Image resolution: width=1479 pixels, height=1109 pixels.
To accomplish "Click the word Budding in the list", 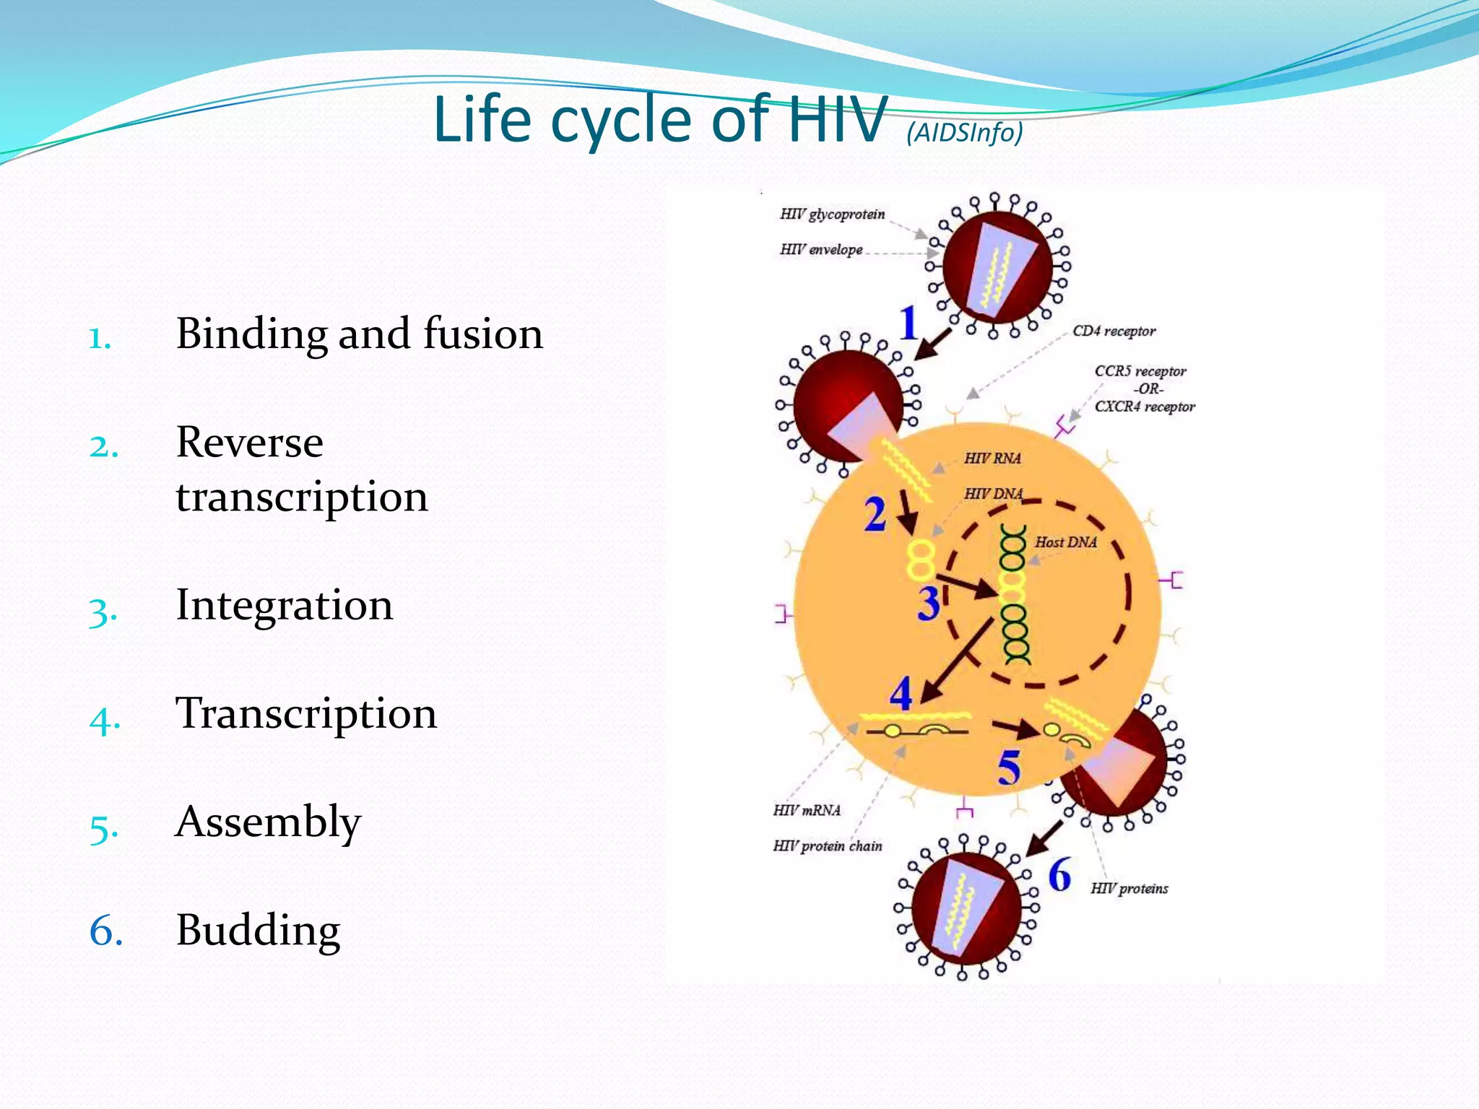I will [x=258, y=930].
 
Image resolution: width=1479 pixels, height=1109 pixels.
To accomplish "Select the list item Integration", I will [x=285, y=605].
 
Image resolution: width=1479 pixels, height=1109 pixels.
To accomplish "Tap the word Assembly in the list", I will [x=268, y=822].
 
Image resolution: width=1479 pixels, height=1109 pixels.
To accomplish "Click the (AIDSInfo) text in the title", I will [x=965, y=132].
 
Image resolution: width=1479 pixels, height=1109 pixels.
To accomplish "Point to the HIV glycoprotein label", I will [x=832, y=214].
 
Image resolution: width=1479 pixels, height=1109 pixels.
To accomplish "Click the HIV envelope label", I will [x=821, y=250].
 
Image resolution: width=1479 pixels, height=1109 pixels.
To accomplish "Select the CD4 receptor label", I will [x=1114, y=331].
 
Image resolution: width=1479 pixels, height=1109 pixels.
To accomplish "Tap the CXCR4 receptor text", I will [x=1145, y=406].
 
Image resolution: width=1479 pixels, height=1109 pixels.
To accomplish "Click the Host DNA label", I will [x=1065, y=542].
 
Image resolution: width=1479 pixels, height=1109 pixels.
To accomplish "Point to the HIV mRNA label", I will [x=807, y=811].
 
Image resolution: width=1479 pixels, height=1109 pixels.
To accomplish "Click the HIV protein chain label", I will [x=828, y=846].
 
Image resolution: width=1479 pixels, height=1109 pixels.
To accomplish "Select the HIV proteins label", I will [x=1129, y=889].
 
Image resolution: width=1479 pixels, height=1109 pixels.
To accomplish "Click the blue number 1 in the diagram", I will [x=908, y=323].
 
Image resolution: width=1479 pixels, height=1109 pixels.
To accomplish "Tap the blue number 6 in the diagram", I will [x=1059, y=874].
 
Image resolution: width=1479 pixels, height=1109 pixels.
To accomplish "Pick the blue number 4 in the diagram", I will [x=901, y=694].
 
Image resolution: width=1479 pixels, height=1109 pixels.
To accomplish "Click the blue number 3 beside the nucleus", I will [x=929, y=604].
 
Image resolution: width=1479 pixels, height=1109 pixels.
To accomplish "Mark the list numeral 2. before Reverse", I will [x=104, y=446].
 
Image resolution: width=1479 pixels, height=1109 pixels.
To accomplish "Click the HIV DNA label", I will [x=993, y=494].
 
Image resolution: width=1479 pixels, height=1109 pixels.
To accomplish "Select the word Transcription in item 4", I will [x=306, y=713].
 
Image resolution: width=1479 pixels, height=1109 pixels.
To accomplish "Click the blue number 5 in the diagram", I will [x=1009, y=767].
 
